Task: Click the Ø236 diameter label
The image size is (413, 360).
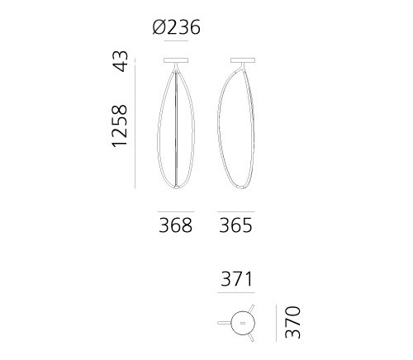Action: click(x=177, y=27)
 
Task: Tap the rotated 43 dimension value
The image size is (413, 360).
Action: click(x=121, y=61)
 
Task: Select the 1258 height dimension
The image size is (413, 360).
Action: click(x=120, y=126)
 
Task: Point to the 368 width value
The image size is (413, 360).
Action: click(x=175, y=225)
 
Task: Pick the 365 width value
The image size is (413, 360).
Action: click(x=235, y=225)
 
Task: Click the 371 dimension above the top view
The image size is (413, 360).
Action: click(x=236, y=279)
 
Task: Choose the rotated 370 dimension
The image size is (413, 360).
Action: click(x=292, y=322)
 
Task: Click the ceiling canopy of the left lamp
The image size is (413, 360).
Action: click(x=176, y=60)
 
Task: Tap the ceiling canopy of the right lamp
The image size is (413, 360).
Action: click(x=243, y=60)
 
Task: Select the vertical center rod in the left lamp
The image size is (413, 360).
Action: click(x=176, y=128)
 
